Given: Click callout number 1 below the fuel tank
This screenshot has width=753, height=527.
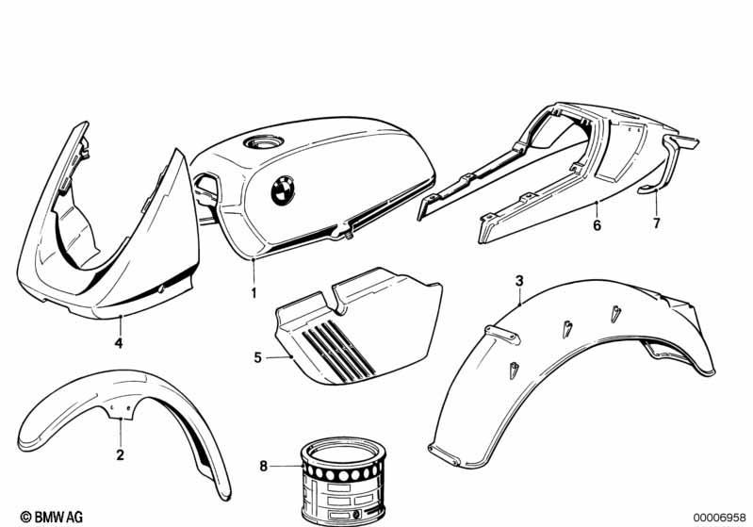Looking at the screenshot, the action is click(x=254, y=292).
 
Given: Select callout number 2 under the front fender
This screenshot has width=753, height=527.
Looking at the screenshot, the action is click(x=120, y=454).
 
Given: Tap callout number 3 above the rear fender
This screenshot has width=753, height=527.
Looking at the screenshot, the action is click(x=519, y=281).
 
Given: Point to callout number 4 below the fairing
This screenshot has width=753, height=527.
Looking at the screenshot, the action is click(x=119, y=343).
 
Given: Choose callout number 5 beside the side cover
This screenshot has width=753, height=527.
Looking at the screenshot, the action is click(x=258, y=357).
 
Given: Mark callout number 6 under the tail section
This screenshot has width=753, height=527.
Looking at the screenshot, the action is click(x=597, y=224).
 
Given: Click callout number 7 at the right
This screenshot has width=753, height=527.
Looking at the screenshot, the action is click(x=657, y=222).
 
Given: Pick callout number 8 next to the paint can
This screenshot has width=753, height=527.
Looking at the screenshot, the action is click(x=263, y=466).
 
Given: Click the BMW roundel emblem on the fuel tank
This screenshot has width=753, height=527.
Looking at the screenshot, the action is click(x=283, y=189).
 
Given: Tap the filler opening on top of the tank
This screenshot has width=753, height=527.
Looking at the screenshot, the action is click(x=263, y=141).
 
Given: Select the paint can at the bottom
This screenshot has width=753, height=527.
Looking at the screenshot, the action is click(x=342, y=480).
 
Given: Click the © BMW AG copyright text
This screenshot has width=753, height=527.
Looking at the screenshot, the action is click(x=52, y=517).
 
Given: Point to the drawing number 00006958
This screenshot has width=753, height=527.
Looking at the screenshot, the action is click(x=719, y=518).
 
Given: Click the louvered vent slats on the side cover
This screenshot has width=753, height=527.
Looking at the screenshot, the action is click(x=338, y=351).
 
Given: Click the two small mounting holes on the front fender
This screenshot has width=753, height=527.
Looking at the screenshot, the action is click(x=120, y=407).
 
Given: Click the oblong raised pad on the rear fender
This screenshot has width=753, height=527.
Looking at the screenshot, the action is click(x=502, y=335).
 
